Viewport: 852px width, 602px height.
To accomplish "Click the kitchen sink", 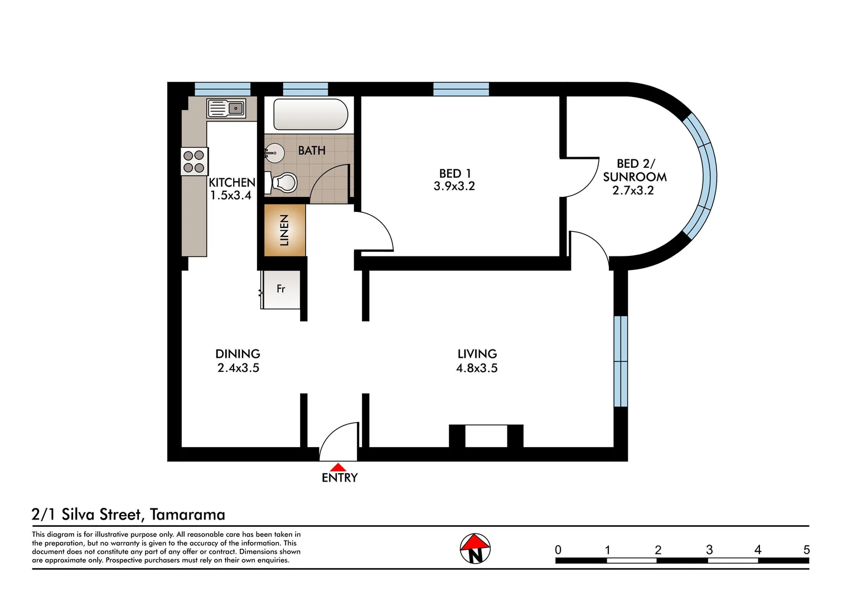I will click(226, 108).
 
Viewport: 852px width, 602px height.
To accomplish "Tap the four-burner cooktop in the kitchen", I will click(194, 162).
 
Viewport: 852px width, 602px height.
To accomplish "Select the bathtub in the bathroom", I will click(310, 114).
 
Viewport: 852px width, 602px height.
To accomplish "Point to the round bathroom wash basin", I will click(274, 152).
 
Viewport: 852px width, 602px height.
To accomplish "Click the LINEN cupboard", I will click(284, 230).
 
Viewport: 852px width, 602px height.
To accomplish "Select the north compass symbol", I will click(475, 548).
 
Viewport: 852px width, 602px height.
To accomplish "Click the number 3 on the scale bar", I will click(709, 550).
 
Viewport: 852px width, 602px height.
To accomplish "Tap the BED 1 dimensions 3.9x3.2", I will click(454, 186).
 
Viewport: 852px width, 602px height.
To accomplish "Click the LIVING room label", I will click(477, 354).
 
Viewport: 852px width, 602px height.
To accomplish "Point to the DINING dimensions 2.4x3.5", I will click(238, 368).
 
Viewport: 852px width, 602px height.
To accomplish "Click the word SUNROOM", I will click(635, 177).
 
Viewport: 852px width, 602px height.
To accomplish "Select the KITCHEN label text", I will click(232, 182).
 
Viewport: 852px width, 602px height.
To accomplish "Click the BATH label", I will click(312, 151).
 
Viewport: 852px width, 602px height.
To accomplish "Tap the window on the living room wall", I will click(621, 361).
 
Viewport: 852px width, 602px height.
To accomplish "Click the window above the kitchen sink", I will click(222, 89).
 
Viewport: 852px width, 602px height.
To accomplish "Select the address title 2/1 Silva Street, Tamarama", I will click(129, 514).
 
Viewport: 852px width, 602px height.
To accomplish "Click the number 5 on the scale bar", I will click(806, 550).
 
